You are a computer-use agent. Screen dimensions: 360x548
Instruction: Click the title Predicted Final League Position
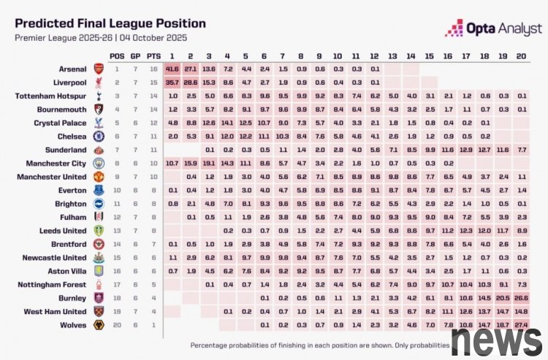(110, 23)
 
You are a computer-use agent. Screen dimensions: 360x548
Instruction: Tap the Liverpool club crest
(98, 82)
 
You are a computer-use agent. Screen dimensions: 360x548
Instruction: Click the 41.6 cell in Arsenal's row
(172, 69)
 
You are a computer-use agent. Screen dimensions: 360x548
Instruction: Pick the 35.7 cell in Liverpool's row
(172, 82)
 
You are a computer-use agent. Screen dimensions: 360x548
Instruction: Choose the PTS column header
(153, 55)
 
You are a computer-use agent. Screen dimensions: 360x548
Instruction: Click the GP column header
(135, 55)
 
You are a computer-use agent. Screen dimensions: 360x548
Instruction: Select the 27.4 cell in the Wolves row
(522, 324)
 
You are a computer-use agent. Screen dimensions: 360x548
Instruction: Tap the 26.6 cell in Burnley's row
(522, 299)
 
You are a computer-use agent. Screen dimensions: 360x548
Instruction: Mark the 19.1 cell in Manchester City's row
(209, 163)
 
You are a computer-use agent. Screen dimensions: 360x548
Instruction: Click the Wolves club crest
(98, 324)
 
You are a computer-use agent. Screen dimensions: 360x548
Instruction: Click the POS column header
(117, 55)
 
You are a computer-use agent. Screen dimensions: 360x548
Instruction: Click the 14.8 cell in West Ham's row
(522, 312)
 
